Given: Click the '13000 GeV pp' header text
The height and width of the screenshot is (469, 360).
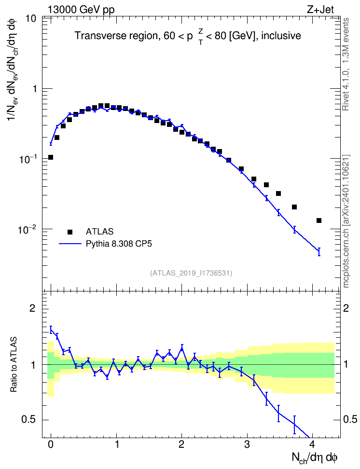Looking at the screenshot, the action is pos(81,10).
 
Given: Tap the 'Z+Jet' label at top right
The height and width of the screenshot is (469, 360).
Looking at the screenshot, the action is pos(320,10).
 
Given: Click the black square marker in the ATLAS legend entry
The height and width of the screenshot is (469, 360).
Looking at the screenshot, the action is pos(70,232).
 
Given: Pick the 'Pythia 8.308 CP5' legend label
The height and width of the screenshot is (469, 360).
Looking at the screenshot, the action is pos(119,244).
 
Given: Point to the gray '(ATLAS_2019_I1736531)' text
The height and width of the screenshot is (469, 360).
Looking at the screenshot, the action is pos(191,273).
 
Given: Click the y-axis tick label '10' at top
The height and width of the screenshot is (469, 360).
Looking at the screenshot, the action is pos(30,19).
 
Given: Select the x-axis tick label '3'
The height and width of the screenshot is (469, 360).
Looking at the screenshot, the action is pos(247,444).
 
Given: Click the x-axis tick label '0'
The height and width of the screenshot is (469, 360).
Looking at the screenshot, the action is pos(51,444).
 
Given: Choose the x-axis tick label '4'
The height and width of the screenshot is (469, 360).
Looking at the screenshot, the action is pos(312,444).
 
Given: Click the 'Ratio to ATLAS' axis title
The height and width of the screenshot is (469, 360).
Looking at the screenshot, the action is pos(14,365).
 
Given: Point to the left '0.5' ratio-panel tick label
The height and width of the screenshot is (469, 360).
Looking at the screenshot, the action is pos(29,420).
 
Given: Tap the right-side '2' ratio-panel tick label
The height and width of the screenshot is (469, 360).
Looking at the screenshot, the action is pos(346,308).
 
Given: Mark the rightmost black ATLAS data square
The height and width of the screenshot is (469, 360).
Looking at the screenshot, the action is pos(319,221).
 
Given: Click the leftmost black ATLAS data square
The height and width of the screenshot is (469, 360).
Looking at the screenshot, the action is pos(51,157).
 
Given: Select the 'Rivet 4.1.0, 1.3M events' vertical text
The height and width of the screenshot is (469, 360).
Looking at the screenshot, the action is pos(346,64).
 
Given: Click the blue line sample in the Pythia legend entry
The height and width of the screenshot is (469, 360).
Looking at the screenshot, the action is pos(70,244).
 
